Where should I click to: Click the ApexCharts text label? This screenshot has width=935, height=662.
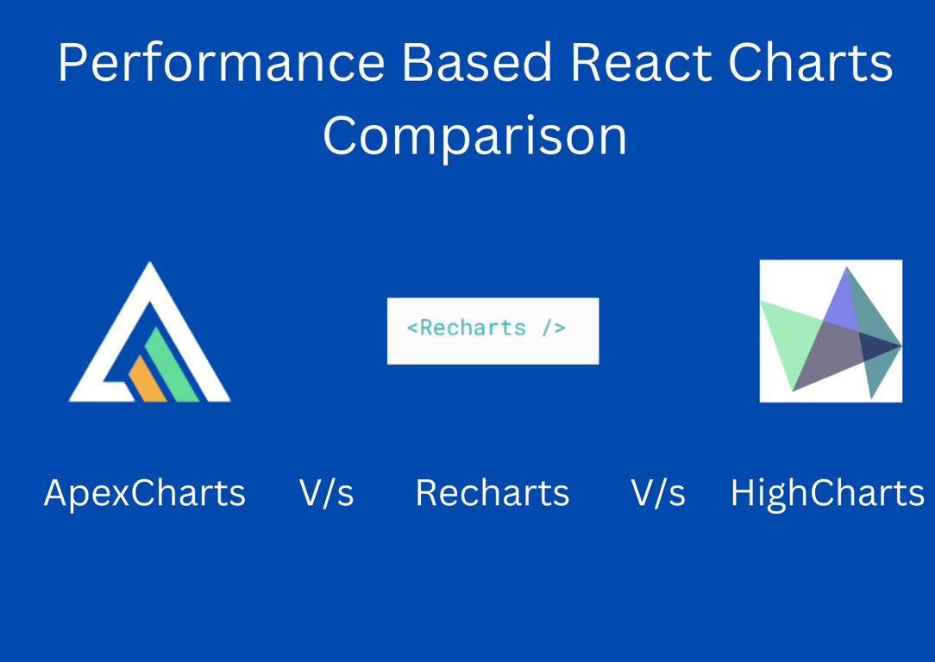pyautogui.click(x=144, y=494)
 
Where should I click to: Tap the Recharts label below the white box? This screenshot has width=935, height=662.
pyautogui.click(x=492, y=494)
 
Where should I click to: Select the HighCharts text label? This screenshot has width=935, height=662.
pyautogui.click(x=826, y=494)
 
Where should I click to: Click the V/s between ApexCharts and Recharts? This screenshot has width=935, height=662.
pyautogui.click(x=326, y=494)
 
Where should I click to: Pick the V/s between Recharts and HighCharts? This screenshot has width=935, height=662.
pyautogui.click(x=657, y=494)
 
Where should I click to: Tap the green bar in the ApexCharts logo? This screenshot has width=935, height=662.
pyautogui.click(x=172, y=366)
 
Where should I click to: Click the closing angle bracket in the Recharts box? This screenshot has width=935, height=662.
pyautogui.click(x=561, y=328)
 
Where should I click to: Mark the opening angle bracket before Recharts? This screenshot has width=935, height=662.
pyautogui.click(x=412, y=328)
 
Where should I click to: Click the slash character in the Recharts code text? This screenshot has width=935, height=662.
pyautogui.click(x=547, y=328)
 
